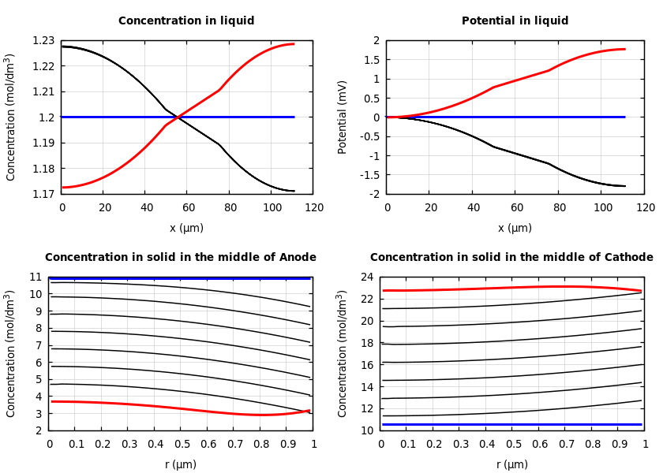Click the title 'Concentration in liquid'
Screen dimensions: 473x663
tap(186, 20)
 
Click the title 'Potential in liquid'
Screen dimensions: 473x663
tap(515, 20)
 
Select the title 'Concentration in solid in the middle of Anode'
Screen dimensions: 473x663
tap(180, 257)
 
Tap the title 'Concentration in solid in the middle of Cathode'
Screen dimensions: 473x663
tap(511, 257)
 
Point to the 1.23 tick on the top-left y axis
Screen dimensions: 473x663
tap(44, 40)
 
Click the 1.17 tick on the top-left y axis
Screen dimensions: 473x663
tap(44, 194)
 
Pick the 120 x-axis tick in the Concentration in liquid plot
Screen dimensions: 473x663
tap(314, 207)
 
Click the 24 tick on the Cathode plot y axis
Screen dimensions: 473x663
tap(365, 277)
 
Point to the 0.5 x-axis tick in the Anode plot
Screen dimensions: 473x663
tap(182, 444)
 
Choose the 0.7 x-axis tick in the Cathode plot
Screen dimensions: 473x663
tap(566, 444)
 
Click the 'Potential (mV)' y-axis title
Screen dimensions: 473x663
tap(342, 117)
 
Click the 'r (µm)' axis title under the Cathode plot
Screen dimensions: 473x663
tap(512, 464)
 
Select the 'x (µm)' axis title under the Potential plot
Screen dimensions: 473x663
tap(515, 228)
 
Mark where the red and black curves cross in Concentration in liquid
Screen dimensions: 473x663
tap(178, 117)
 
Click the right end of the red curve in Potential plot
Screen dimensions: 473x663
tap(624, 49)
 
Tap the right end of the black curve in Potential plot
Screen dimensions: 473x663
tap(624, 186)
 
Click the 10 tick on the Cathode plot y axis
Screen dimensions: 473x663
tap(365, 430)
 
